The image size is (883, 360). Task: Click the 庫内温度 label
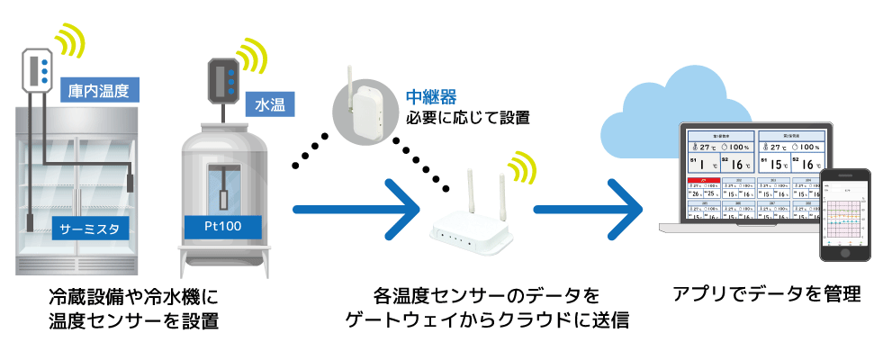pyautogui.click(x=98, y=91)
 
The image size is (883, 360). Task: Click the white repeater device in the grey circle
pyautogui.click(x=365, y=110)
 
